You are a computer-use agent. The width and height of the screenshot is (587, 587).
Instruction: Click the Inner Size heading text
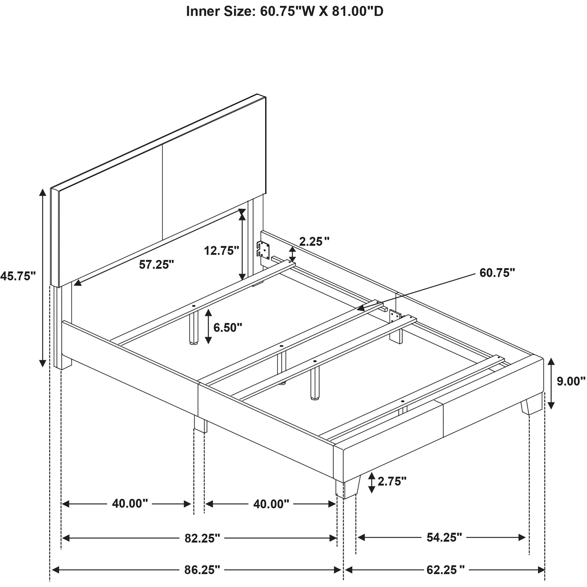tap(285, 11)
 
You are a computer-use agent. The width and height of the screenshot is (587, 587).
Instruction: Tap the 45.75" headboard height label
tap(18, 276)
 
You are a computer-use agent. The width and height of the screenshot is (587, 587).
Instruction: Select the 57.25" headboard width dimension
tap(157, 265)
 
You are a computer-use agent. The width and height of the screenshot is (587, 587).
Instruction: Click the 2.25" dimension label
tap(314, 242)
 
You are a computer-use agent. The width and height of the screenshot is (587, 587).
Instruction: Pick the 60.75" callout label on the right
tap(497, 273)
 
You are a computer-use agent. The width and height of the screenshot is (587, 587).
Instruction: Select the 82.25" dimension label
tap(202, 538)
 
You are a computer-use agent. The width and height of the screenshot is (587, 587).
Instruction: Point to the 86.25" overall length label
tap(202, 570)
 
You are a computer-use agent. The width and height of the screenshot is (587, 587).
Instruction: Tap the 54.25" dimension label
tap(444, 538)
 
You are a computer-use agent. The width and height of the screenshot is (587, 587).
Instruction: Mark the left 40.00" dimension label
tap(130, 504)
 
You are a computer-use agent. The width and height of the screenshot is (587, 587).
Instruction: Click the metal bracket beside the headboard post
tap(264, 250)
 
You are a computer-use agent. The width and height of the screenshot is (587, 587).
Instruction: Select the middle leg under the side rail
tap(200, 423)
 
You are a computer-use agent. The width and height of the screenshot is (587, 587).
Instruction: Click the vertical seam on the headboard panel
tap(163, 192)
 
